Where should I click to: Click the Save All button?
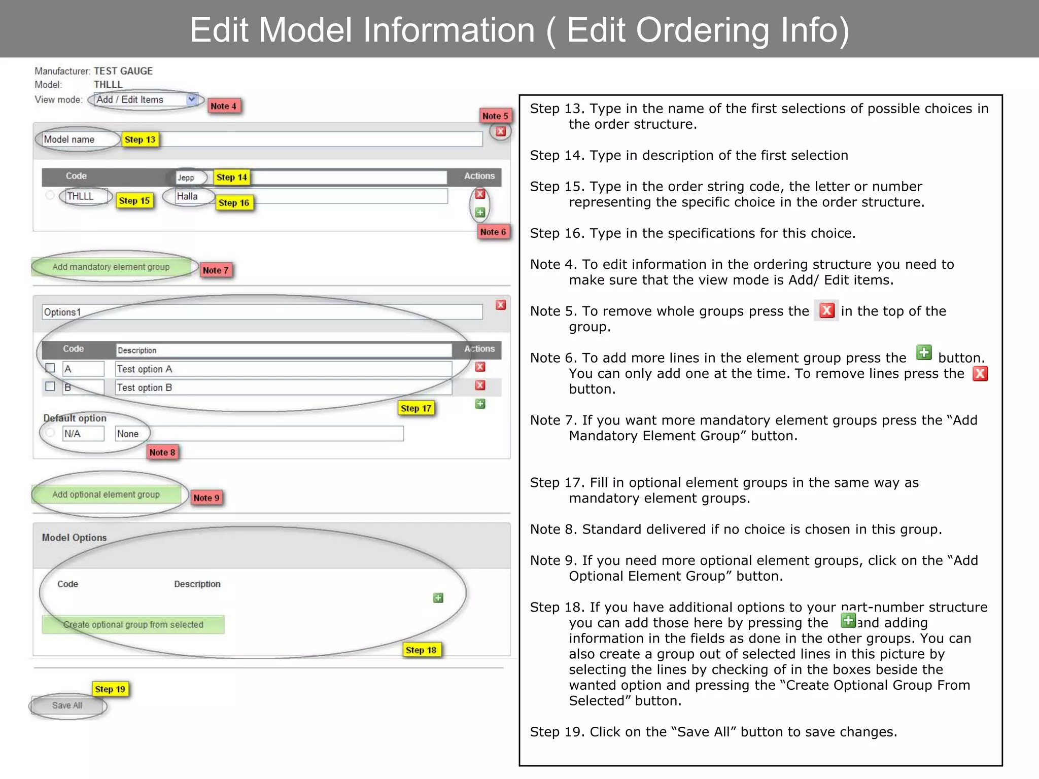point(67,705)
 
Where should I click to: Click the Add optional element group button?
point(106,494)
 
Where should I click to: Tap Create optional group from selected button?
point(133,625)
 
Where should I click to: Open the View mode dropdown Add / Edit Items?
point(146,100)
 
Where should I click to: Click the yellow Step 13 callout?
point(140,139)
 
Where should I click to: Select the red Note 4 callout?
point(223,106)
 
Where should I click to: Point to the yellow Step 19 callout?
point(110,689)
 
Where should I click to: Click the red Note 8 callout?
point(162,452)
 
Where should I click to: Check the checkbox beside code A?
point(50,368)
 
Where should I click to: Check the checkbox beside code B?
point(50,386)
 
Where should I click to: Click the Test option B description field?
point(283,387)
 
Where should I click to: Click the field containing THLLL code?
point(85,196)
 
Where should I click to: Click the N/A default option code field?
point(83,434)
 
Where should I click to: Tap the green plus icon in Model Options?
point(438,598)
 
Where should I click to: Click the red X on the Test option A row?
point(480,367)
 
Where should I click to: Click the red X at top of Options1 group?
point(501,305)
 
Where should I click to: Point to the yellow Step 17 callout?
point(416,408)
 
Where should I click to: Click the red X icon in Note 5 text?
point(827,310)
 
